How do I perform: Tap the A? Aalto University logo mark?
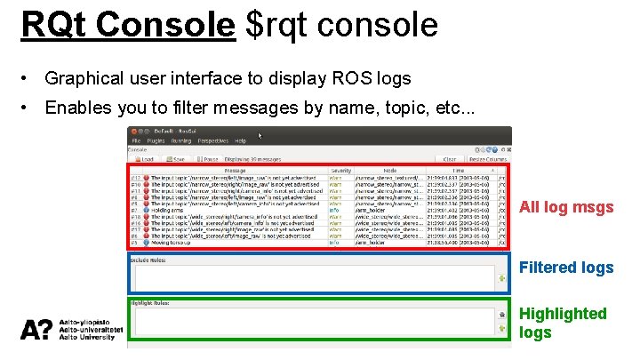[x=36, y=330]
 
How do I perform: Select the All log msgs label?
[x=566, y=208]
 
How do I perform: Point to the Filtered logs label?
[x=566, y=268]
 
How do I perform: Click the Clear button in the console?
[x=449, y=159]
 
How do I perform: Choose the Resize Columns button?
[x=487, y=159]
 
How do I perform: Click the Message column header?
[x=235, y=169]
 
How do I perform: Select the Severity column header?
[x=340, y=169]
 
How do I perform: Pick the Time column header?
[x=459, y=169]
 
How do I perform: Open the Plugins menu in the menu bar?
[x=156, y=140]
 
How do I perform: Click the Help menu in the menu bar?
[x=240, y=140]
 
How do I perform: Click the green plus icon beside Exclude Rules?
[x=503, y=279]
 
